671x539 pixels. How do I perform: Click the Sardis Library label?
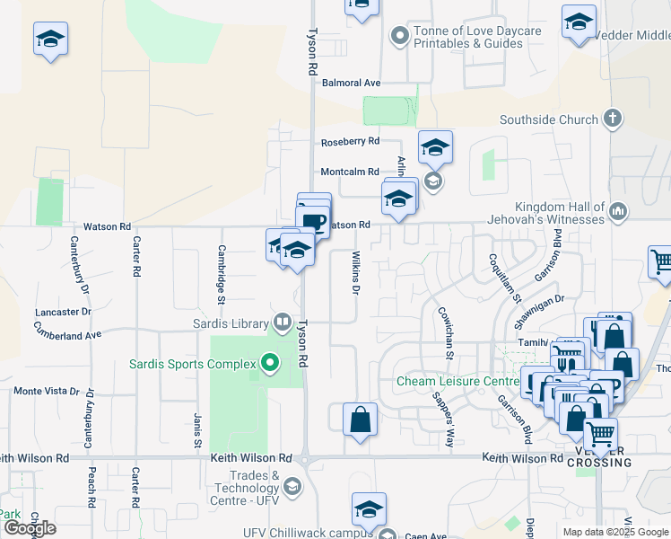231,323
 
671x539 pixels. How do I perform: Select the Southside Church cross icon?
613,119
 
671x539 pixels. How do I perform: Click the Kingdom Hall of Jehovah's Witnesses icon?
616,212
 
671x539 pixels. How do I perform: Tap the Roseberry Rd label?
351,142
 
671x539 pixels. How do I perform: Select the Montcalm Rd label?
351,172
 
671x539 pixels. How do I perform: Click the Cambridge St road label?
221,267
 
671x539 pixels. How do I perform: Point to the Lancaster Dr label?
62,312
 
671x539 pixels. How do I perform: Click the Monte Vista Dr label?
53,392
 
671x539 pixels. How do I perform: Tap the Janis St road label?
196,430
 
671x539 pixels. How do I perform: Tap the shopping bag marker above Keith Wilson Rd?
360,420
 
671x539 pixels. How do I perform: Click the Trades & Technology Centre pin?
292,488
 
